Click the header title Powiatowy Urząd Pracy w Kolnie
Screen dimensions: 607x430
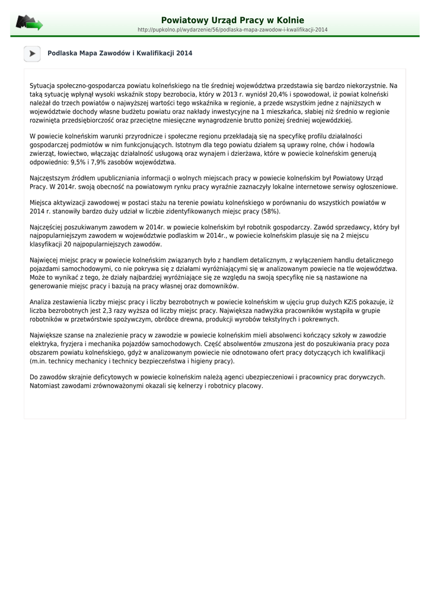pos(232,20)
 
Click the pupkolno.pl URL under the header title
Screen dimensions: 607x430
pos(232,30)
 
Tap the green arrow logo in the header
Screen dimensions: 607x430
pos(29,24)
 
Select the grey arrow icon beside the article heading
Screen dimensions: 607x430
pos(32,53)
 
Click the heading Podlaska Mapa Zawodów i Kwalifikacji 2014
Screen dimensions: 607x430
pos(120,53)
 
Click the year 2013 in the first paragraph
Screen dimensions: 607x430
pos(228,94)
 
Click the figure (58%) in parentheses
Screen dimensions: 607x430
pos(270,211)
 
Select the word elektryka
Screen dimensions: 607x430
pos(43,344)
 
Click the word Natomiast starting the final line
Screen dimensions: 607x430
pos(45,385)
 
